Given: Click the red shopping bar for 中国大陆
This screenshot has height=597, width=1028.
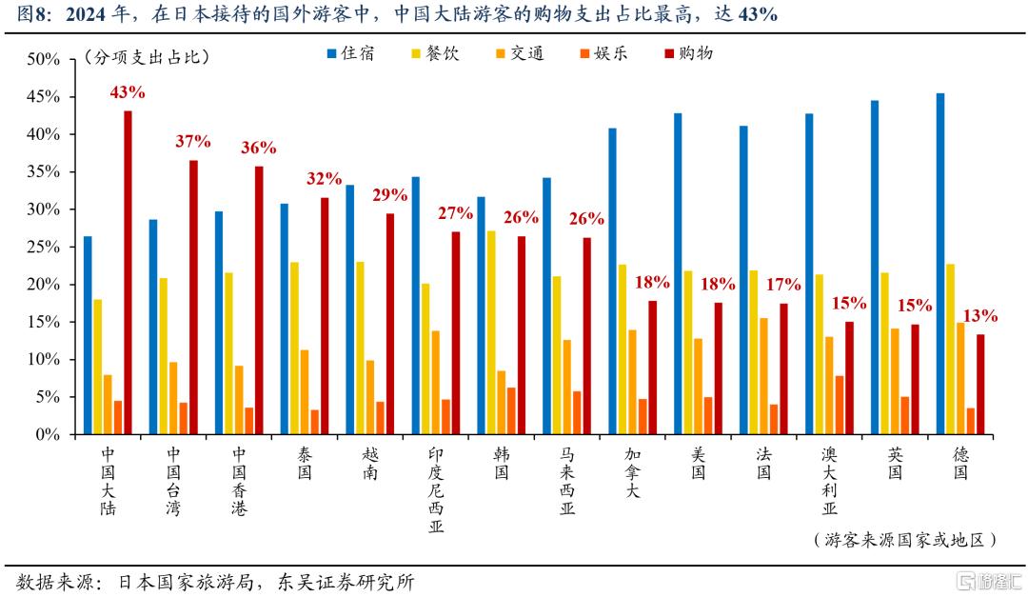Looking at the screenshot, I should (x=128, y=272).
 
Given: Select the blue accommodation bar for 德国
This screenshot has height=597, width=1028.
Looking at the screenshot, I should (x=940, y=264).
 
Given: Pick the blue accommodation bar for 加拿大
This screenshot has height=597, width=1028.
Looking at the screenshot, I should (x=612, y=281).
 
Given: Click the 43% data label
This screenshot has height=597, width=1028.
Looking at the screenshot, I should (x=128, y=92).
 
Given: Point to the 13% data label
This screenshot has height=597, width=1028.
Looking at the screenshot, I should (x=980, y=316).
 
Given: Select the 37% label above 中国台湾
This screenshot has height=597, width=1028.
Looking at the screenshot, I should (x=193, y=142).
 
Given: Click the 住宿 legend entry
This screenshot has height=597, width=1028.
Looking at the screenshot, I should (x=348, y=54).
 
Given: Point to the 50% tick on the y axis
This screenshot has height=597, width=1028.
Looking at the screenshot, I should (x=44, y=60).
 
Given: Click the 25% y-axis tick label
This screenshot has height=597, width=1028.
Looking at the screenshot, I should (x=44, y=248).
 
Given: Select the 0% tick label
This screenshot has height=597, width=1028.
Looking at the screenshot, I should (x=48, y=435).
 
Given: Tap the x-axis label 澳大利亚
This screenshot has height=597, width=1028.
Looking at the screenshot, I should (x=830, y=480).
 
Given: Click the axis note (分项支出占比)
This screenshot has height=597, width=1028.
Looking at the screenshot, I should (x=147, y=57).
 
